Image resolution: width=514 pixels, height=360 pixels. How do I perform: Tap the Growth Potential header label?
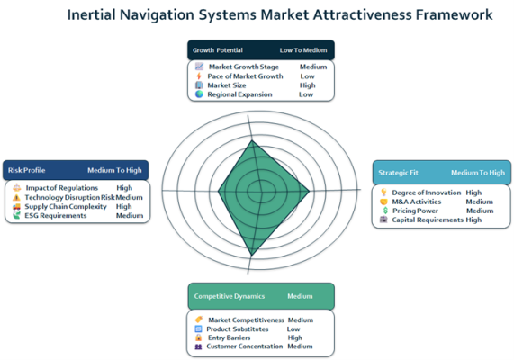(x=218, y=50)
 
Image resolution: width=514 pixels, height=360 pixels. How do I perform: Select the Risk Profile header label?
(x=26, y=170)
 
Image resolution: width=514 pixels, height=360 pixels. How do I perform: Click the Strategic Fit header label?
(x=398, y=173)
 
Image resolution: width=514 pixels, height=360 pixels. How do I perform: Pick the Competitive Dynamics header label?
(x=230, y=296)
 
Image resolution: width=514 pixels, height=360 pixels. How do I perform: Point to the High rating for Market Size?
(x=308, y=85)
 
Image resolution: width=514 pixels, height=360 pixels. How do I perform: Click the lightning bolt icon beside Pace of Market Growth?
(x=199, y=76)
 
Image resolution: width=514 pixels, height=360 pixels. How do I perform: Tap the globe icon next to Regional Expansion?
(x=199, y=94)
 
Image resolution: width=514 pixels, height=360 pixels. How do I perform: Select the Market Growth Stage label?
(x=244, y=67)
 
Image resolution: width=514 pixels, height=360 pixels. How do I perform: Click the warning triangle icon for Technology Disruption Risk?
(x=16, y=197)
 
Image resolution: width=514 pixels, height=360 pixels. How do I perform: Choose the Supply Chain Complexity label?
(x=66, y=207)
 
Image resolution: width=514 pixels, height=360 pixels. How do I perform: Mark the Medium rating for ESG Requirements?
(x=130, y=215)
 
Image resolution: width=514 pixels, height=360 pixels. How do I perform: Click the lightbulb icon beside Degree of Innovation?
(x=383, y=193)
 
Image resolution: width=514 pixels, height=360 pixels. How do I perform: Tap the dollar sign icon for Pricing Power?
(x=385, y=211)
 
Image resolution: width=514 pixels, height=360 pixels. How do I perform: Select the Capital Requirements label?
(x=428, y=220)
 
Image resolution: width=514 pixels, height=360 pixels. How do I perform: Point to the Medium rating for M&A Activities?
(x=480, y=202)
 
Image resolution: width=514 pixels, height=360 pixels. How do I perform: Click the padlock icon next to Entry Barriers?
(x=198, y=337)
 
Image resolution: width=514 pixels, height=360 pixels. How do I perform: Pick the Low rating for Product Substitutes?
(x=293, y=328)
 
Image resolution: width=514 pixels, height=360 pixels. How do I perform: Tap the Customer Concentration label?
(x=245, y=346)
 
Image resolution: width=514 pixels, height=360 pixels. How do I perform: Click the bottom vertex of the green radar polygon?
(x=251, y=255)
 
